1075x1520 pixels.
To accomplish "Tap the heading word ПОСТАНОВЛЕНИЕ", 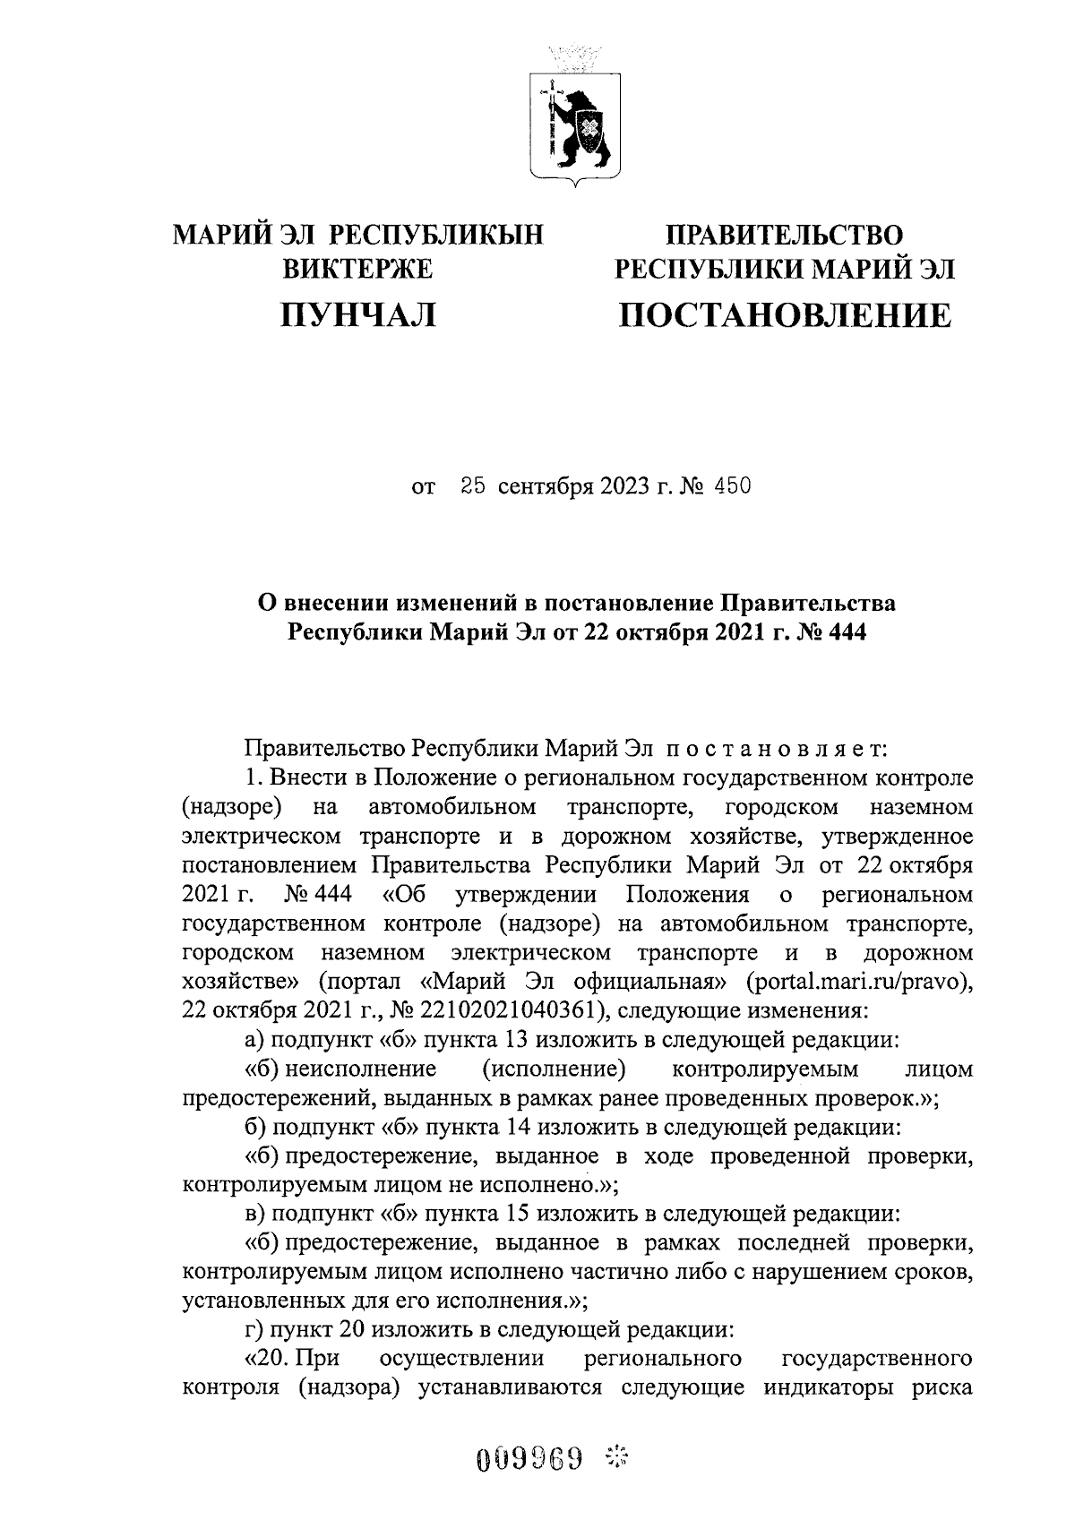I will click(785, 315).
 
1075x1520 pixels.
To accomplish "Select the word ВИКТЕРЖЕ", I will click(357, 269).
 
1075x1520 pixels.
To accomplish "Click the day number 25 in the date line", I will click(473, 487).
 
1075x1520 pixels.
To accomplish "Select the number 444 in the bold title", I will click(843, 632).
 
